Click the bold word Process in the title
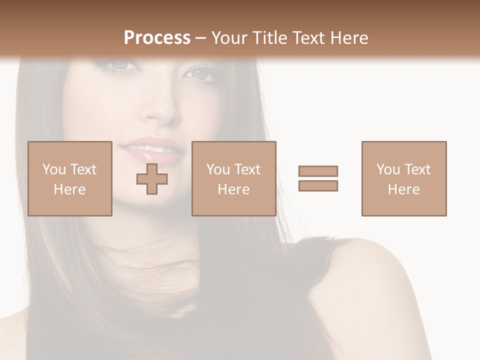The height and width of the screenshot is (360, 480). pos(157,37)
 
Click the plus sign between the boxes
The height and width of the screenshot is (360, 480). pos(152,178)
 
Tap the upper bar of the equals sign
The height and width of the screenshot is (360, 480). pos(318,171)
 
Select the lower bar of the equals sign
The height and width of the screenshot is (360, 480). pos(318,185)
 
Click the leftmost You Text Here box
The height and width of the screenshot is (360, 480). pos(70,178)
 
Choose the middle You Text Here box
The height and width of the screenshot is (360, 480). pos(234,178)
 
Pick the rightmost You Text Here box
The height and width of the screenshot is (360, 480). pos(404,178)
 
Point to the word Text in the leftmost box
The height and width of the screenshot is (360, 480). pos(83,169)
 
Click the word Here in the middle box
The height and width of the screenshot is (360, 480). pos(234,189)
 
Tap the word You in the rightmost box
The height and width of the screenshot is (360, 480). pos(388,169)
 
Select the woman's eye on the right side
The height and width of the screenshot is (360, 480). pos(200,74)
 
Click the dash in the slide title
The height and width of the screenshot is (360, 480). pos(201,38)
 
